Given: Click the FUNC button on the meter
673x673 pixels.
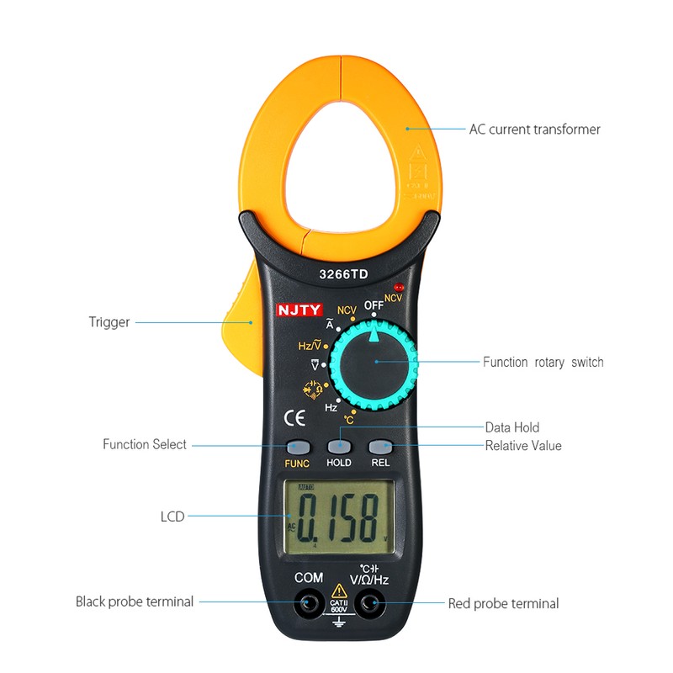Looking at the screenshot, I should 297,447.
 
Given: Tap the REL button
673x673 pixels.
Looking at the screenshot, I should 380,447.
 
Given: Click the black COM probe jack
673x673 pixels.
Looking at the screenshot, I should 309,601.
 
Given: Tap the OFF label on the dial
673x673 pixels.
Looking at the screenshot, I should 374,305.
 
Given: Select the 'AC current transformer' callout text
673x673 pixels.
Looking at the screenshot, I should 534,130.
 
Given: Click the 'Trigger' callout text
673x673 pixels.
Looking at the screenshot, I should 109,322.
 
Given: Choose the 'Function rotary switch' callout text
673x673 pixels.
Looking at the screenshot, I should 543,363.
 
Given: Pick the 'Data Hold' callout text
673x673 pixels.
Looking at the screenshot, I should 512,427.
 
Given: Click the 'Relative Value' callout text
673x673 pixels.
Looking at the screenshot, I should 522,445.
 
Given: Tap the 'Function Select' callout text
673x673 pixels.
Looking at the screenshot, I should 145,444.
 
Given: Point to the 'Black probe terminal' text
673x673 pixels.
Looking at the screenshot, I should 135,601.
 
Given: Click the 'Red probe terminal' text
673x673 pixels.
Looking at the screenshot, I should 503,603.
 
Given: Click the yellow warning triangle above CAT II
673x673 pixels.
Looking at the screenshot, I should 338,590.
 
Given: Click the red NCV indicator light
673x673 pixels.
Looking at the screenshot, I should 399,288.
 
